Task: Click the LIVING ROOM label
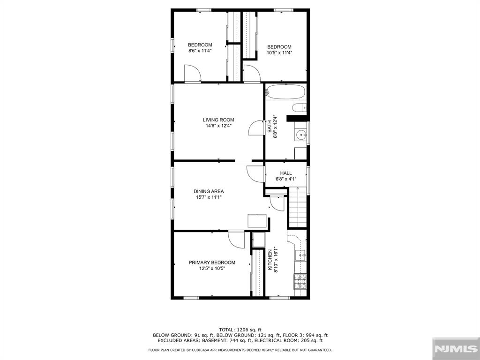(218, 120)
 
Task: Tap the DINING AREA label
(209, 191)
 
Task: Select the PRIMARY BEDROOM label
(212, 262)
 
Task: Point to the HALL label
(286, 173)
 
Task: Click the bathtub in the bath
(285, 92)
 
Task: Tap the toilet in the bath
(299, 108)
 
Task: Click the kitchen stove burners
(300, 281)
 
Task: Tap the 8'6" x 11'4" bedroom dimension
(200, 51)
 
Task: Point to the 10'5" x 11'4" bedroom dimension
(279, 52)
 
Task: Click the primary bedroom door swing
(236, 239)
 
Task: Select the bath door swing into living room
(256, 127)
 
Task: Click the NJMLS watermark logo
(456, 349)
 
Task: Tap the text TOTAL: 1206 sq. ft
(240, 330)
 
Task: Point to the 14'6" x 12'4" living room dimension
(218, 126)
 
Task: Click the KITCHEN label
(270, 260)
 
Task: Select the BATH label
(270, 126)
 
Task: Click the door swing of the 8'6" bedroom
(193, 73)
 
